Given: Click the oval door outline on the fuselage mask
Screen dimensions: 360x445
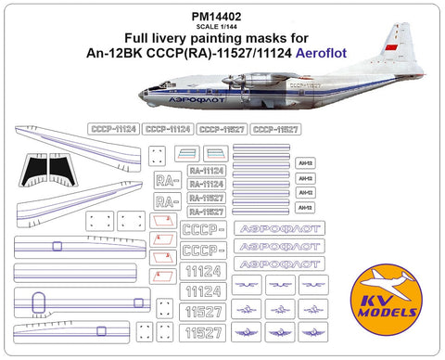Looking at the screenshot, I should [40, 300].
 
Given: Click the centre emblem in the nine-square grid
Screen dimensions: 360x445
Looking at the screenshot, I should [280, 305].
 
